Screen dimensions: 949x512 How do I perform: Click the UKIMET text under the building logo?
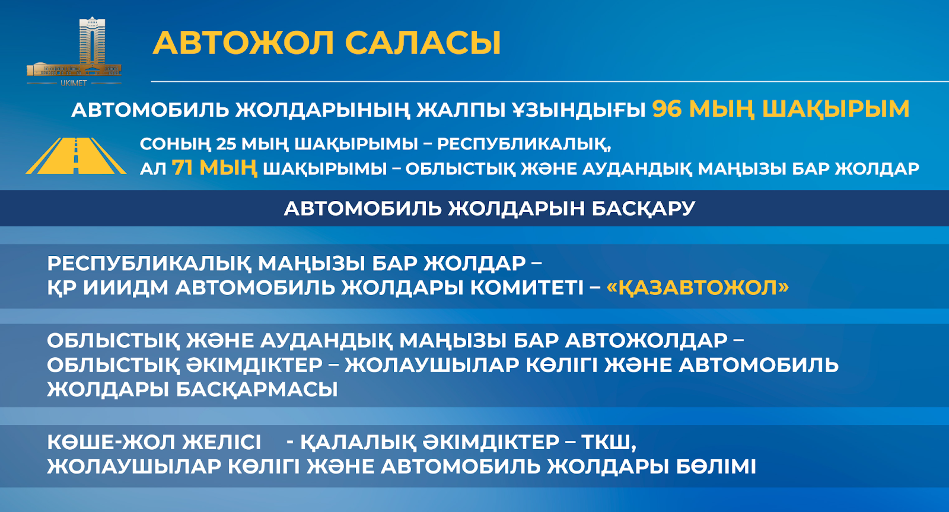[74, 84]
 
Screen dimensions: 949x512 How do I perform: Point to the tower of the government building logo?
[92, 41]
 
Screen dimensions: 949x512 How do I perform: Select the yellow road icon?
[76, 156]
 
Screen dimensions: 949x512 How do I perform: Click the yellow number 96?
[667, 109]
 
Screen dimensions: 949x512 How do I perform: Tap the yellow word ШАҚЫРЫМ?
[836, 109]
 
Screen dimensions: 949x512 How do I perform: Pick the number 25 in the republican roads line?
[226, 144]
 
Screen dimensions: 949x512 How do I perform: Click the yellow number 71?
[183, 168]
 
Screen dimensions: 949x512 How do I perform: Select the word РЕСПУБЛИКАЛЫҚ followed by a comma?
[524, 144]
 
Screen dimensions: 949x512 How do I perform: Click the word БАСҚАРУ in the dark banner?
[643, 208]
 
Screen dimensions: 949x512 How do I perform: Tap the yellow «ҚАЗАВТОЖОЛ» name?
[698, 288]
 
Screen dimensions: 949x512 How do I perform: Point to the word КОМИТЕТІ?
[527, 288]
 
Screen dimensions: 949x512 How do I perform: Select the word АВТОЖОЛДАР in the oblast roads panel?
[647, 341]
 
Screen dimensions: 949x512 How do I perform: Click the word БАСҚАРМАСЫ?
[257, 389]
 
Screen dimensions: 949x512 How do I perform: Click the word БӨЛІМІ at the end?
[715, 467]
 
